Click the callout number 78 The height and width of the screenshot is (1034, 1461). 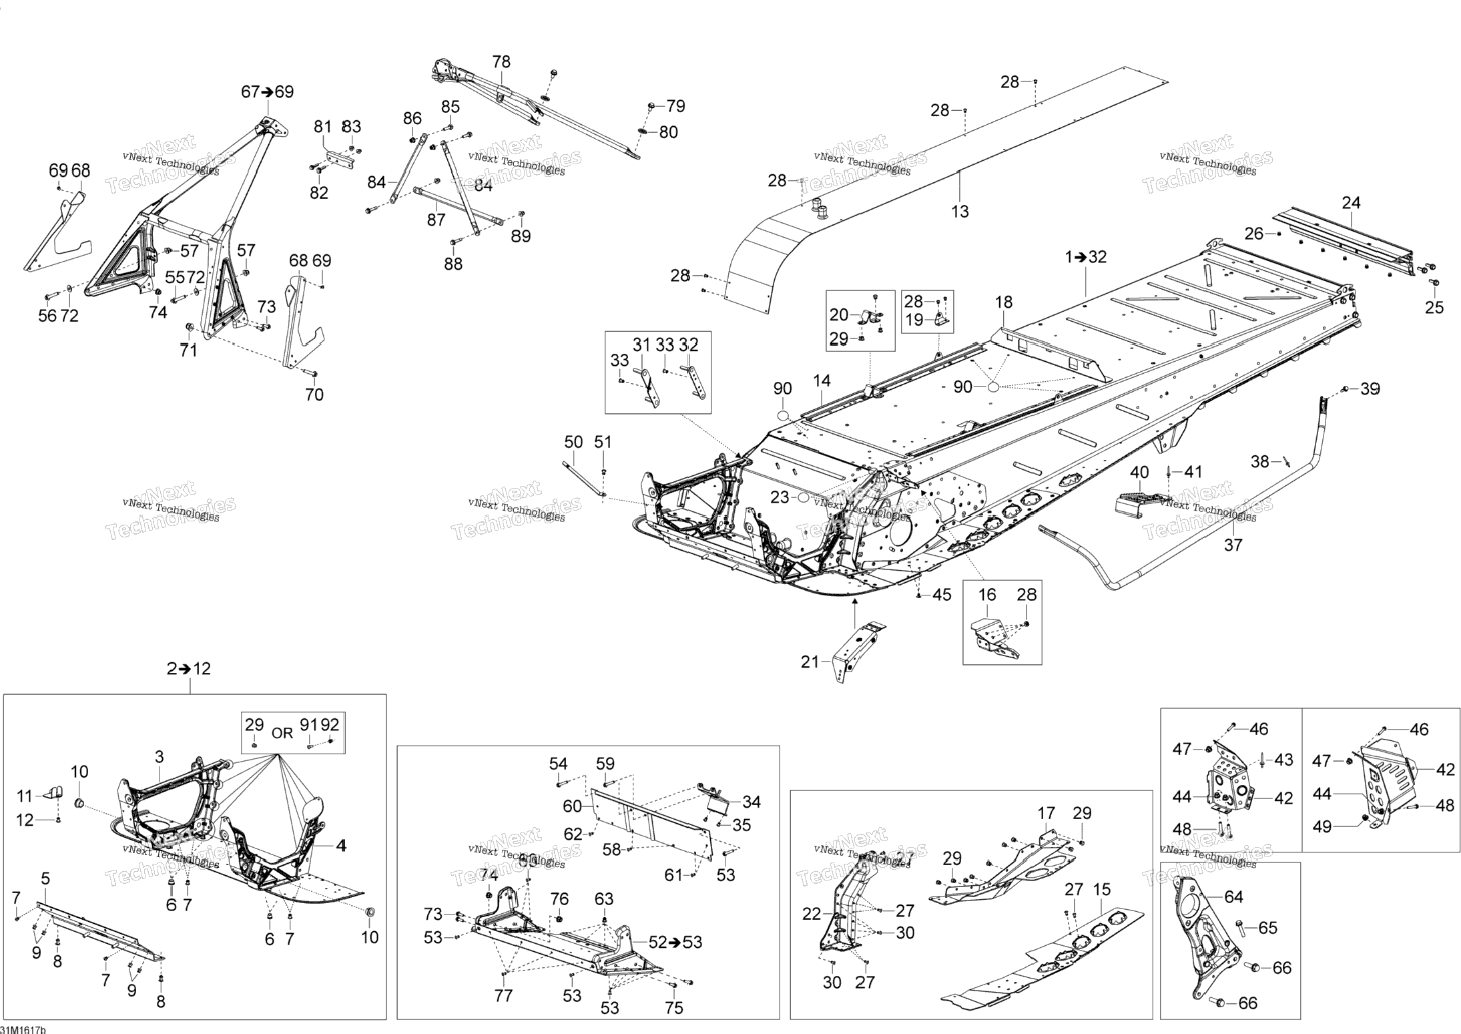coord(501,62)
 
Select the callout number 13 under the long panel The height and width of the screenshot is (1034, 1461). coord(960,212)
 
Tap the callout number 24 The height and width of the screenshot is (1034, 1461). coord(1351,203)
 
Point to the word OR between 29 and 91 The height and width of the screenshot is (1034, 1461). coord(282,733)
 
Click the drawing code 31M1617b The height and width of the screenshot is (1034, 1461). coord(23,1029)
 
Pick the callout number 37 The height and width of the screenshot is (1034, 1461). coord(1233,545)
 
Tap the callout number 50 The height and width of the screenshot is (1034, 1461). coord(573,442)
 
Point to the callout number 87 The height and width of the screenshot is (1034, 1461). coord(436,220)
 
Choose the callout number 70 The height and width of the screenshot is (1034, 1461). coord(314,395)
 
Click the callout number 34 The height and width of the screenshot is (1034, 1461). coord(752,802)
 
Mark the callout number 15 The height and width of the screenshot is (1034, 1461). coord(1101,890)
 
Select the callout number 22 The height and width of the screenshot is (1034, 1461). coord(811,914)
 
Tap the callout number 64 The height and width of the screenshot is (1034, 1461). coord(1233,896)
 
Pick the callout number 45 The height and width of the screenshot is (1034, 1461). coord(942,594)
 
